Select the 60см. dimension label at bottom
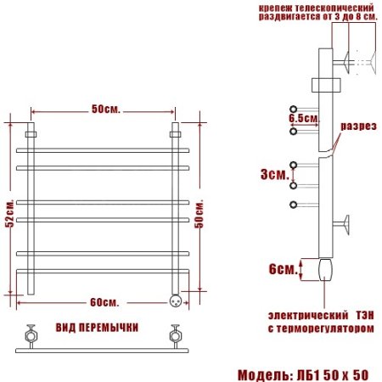105,303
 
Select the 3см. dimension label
273,174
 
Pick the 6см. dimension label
282,269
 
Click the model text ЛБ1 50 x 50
334,374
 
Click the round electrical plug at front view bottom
176,300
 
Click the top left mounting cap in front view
32,133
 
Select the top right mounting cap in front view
176,133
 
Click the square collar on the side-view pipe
326,86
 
